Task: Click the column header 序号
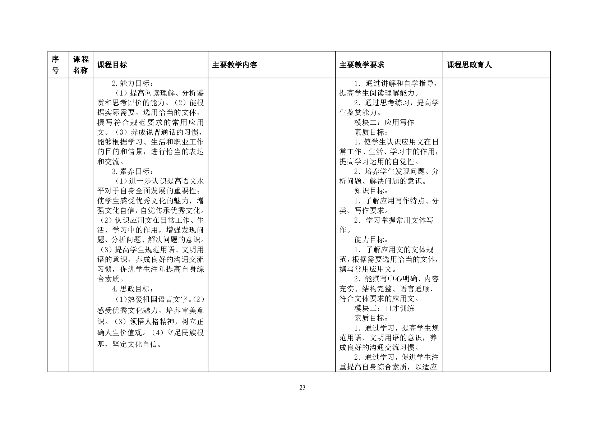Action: tap(55, 65)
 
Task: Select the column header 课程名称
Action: tap(80, 65)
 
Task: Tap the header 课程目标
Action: tap(112, 65)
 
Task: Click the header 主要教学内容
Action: tap(235, 65)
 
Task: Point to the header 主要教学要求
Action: tap(362, 65)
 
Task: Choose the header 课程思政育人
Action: tap(469, 65)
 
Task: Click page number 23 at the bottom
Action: tap(302, 387)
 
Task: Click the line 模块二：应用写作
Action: tap(384, 123)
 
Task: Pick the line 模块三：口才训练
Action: tap(384, 308)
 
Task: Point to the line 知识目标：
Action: tap(371, 191)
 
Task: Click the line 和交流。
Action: tap(111, 162)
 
